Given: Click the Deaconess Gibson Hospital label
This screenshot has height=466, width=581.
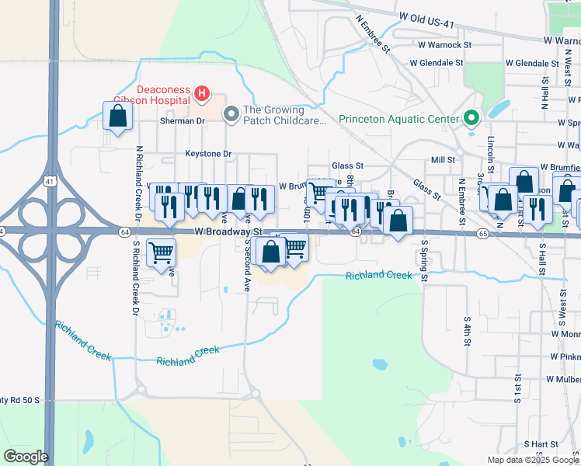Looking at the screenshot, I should (152, 94).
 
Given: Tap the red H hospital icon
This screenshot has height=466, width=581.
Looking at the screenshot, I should (202, 95).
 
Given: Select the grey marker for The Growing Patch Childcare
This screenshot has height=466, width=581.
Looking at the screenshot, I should (231, 115).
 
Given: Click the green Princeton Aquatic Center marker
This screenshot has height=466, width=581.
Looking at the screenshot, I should (470, 119).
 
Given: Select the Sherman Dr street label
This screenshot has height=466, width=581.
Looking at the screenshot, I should (181, 121).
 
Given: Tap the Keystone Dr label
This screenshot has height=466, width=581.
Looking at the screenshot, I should (208, 154).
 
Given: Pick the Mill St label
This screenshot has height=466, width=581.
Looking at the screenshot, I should (442, 160).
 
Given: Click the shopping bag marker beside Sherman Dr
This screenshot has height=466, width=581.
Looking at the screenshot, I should (117, 116).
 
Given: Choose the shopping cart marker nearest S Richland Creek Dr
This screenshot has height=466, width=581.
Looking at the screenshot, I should (161, 251).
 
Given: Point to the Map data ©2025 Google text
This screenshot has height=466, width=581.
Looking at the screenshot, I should (533, 460).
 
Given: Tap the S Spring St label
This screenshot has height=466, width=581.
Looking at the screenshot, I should (424, 261).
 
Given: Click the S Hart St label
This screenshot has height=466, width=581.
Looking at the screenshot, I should (541, 443).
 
